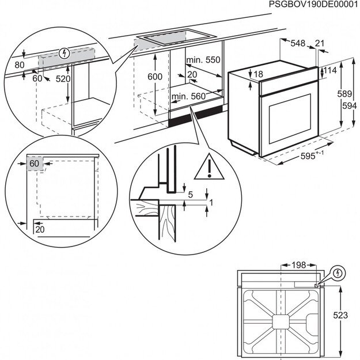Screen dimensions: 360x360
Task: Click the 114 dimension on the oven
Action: coord(329,70)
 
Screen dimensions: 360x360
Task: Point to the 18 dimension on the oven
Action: coord(257,74)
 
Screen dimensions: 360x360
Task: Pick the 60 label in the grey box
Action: coord(34,164)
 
